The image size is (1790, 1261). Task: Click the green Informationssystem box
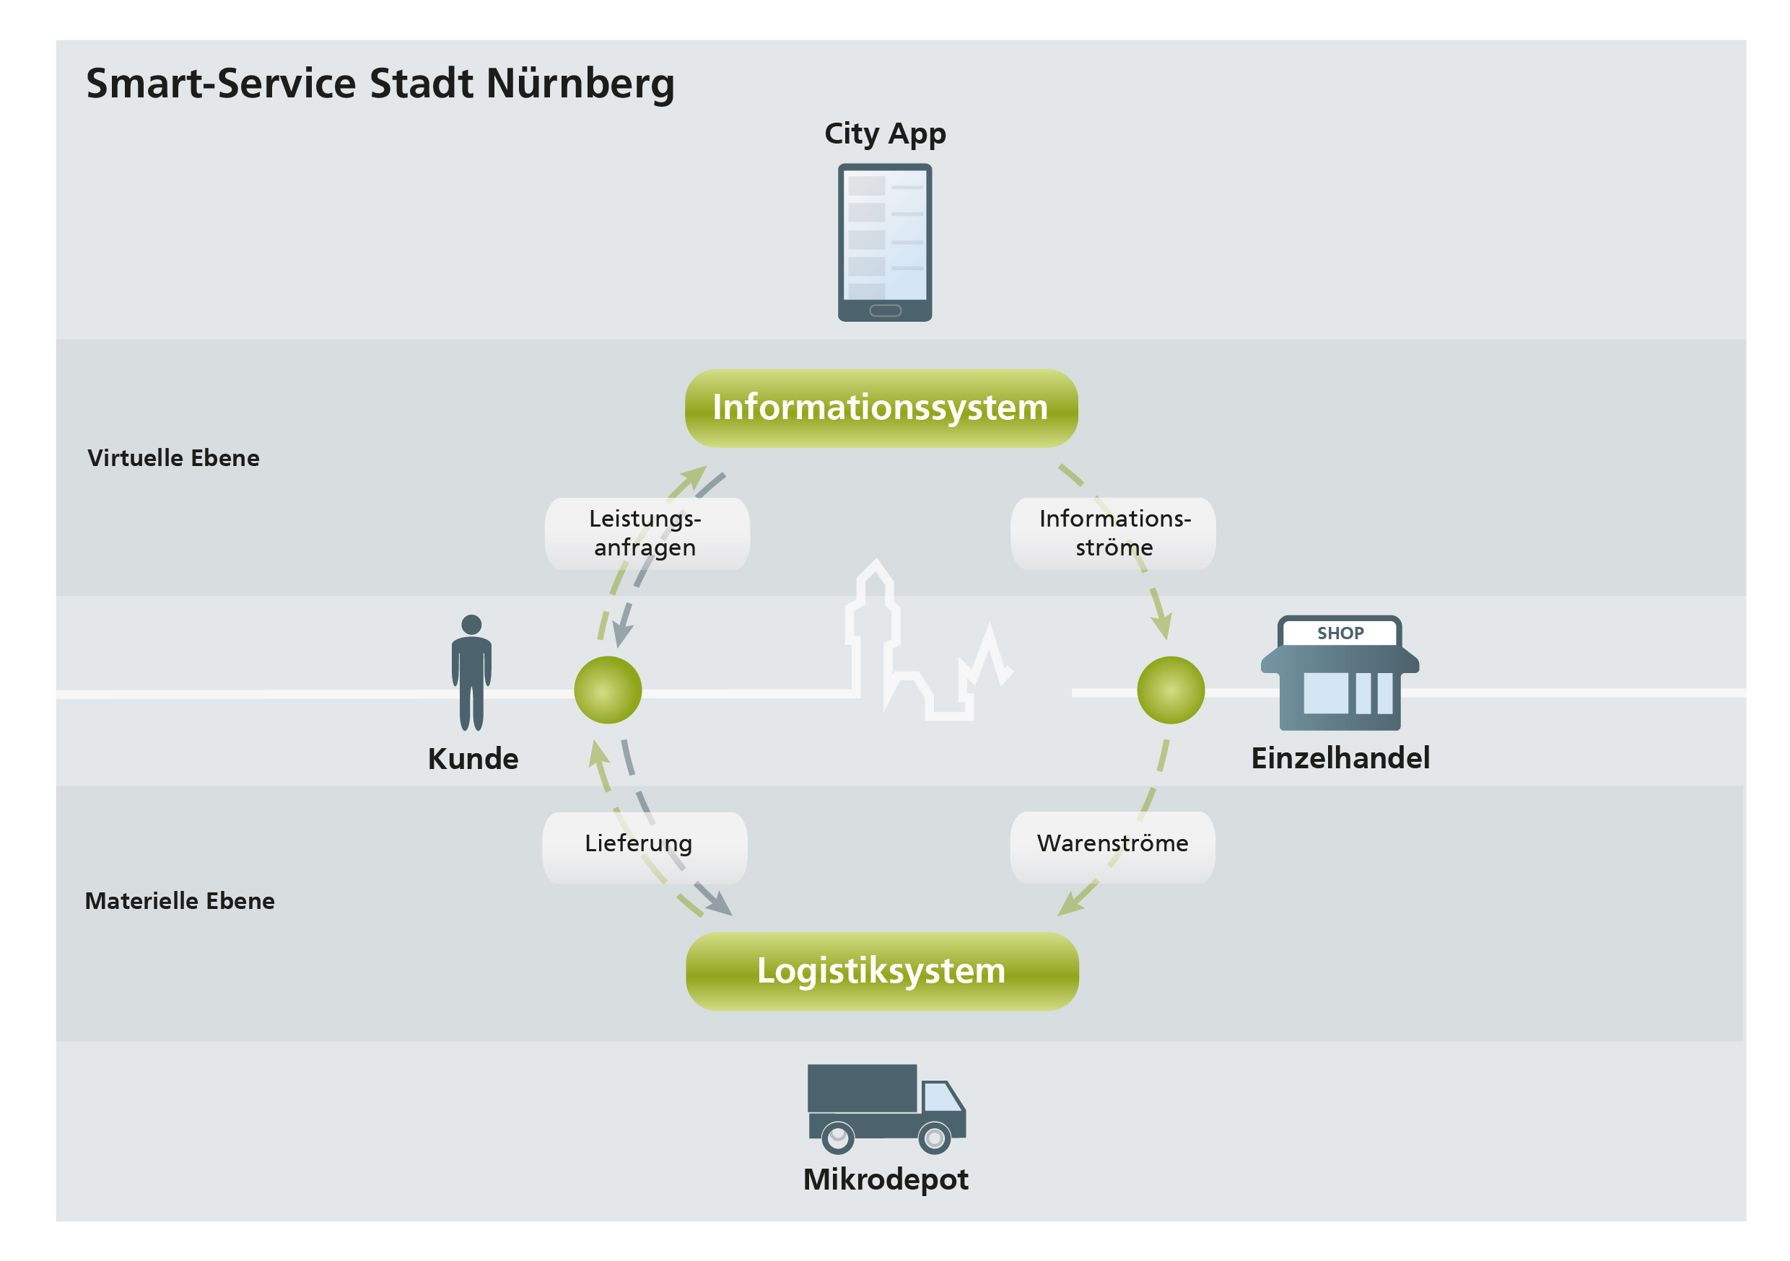tap(881, 408)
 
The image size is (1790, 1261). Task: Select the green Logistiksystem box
tap(882, 971)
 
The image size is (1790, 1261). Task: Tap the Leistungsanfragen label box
tap(646, 533)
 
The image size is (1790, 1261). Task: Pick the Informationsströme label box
tap(1112, 533)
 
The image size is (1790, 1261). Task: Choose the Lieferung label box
tap(644, 847)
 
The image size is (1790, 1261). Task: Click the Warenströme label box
tap(1112, 847)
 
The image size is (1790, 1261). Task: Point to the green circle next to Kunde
tap(607, 690)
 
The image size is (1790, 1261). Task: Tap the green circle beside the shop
tap(1170, 690)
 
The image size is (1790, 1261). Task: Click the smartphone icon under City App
tap(885, 234)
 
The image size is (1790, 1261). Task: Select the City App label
tap(885, 134)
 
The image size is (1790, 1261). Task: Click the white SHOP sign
tap(1340, 633)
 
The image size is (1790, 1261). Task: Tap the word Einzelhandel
tap(1340, 757)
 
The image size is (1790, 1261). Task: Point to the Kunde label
tap(473, 758)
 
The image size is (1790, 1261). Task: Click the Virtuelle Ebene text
tap(173, 457)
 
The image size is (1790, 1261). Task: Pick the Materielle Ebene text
tap(179, 901)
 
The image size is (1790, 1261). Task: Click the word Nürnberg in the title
tap(580, 84)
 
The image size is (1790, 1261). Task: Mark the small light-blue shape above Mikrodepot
tap(940, 1098)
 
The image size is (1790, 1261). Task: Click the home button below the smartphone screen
tap(885, 311)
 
